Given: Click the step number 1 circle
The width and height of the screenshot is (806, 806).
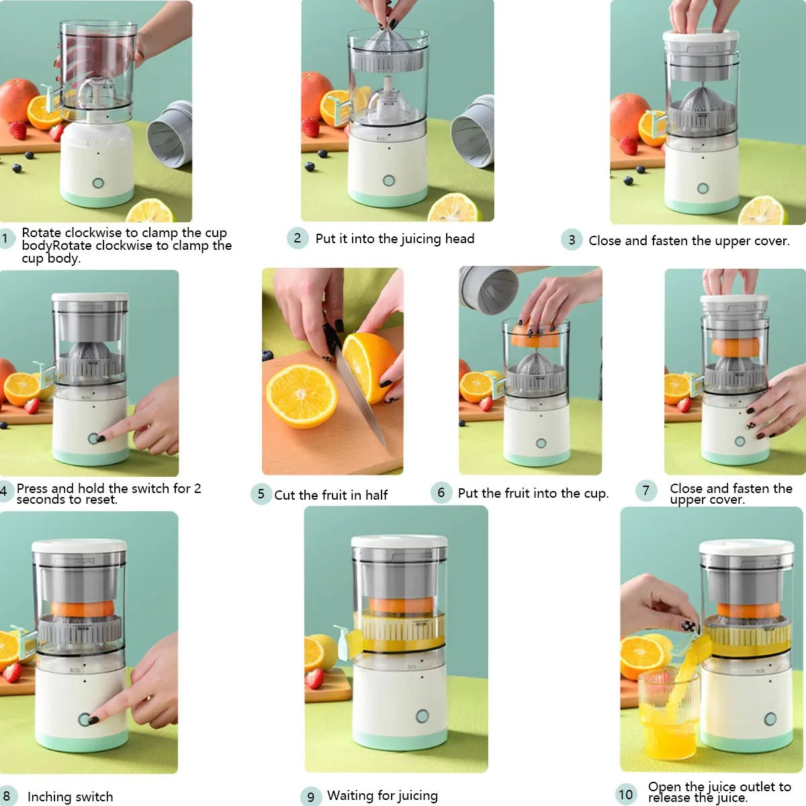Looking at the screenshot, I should click(5, 238).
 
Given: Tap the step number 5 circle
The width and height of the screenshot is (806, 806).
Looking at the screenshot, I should click(261, 494).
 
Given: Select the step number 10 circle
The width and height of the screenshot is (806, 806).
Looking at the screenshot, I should click(626, 795).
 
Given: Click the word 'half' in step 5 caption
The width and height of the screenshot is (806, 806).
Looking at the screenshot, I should click(376, 495).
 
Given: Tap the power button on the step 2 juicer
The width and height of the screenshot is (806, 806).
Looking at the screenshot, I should click(388, 180).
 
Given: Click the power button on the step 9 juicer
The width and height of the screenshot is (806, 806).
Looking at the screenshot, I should click(422, 716).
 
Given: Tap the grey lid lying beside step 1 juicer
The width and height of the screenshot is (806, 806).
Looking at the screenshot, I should click(170, 134).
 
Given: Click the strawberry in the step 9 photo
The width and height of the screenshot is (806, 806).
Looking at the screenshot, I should click(314, 678).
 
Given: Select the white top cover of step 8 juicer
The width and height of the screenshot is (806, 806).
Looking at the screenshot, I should click(79, 545).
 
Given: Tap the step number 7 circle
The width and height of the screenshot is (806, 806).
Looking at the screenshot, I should click(645, 490).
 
